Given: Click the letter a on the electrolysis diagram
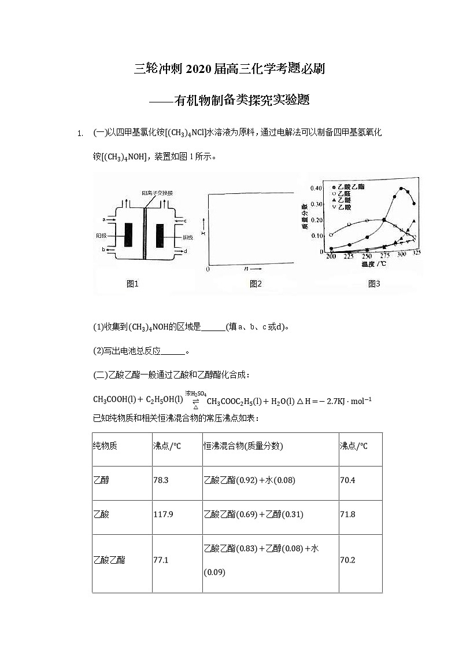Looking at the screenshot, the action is (x=103, y=220).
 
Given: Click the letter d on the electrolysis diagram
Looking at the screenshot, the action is (x=184, y=251).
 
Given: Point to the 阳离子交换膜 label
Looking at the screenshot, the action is (x=157, y=193).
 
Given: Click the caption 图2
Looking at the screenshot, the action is (x=256, y=284).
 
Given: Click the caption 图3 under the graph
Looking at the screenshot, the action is (x=374, y=284).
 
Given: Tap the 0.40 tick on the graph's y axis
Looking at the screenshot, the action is (x=317, y=188).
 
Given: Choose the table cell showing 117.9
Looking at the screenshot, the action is (x=163, y=515).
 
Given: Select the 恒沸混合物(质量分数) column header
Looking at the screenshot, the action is (x=243, y=446).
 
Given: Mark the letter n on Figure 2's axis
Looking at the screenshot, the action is (x=246, y=269).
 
